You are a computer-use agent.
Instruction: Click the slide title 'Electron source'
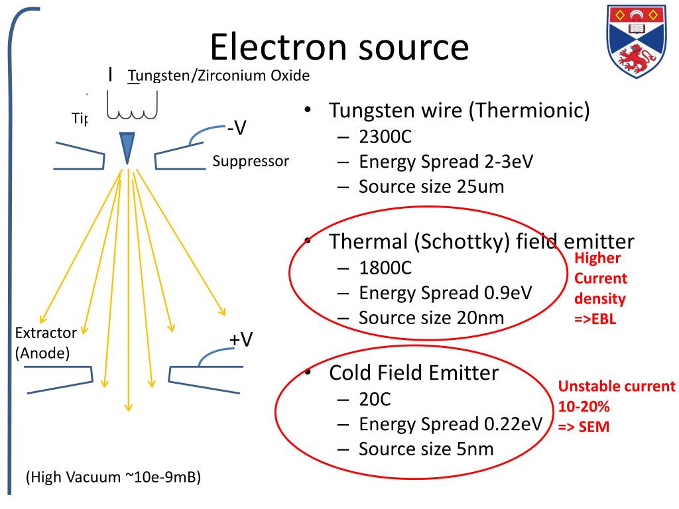coord(339,48)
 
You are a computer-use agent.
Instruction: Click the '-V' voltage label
coord(237,129)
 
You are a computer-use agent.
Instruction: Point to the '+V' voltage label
coord(241,339)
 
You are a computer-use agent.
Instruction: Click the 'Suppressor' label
coord(251,161)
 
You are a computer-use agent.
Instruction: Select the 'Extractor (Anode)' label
coord(46,342)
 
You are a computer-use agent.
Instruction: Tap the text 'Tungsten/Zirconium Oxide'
coord(219,76)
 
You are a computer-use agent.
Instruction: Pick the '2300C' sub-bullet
coord(385,137)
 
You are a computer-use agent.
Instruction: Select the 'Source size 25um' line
coord(431,186)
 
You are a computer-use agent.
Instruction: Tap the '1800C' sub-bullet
coord(385,268)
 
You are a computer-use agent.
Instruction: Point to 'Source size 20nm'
coord(431,317)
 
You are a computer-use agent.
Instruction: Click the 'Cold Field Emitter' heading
coord(413,373)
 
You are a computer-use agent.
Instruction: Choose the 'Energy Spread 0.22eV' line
coord(450,424)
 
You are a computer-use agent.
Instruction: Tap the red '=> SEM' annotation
coord(583,427)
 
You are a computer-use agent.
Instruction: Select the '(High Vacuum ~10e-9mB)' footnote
coord(113,477)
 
